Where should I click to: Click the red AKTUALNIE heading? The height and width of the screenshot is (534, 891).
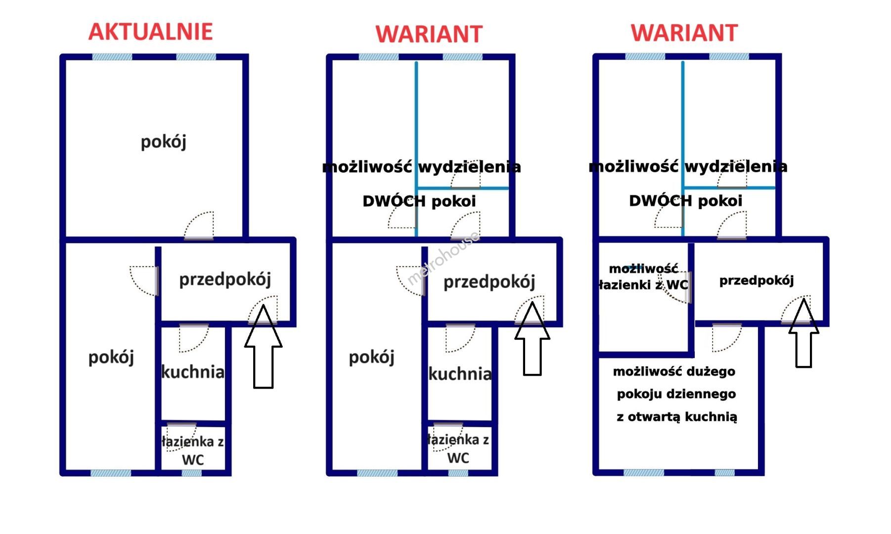(x=150, y=32)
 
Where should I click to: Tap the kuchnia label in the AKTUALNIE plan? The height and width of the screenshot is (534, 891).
(x=193, y=372)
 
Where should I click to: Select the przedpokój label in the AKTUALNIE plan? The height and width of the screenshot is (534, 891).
(x=225, y=280)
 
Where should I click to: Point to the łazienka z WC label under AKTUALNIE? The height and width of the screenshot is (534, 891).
(x=193, y=450)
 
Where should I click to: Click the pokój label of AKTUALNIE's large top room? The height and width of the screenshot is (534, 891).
(x=163, y=142)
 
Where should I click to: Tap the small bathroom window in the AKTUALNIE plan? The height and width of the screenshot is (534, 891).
(x=191, y=473)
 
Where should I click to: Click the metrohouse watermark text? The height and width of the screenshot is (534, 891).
(x=443, y=258)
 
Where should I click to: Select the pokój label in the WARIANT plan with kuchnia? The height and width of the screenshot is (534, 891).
(x=371, y=357)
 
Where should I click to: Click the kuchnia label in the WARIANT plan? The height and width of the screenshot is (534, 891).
(x=460, y=374)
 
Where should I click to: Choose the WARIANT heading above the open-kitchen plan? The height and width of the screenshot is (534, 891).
(x=684, y=33)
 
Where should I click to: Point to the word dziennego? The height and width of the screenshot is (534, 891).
(x=705, y=394)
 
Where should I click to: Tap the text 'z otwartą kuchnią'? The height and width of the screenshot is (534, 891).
(x=676, y=417)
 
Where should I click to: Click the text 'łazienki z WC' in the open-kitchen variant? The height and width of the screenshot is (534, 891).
(x=643, y=285)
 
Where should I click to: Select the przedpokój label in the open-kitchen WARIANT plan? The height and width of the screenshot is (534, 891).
(x=756, y=281)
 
